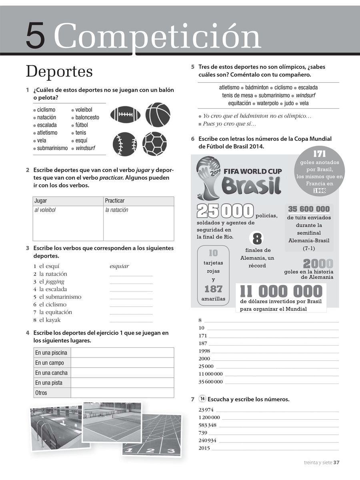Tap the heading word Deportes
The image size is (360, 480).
pos(59,72)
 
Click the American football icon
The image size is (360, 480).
pos(125,115)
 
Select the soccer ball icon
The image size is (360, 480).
pos(154,143)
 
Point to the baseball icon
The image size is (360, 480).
pos(125,143)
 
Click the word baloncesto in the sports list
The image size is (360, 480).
pos(87,117)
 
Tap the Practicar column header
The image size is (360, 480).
pos(115,200)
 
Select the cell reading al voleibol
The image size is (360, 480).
pos(45,210)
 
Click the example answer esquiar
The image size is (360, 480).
pos(119,266)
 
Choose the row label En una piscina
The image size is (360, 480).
pos(51,353)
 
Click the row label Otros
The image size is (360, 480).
pos(41,393)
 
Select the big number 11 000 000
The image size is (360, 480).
pos(281,291)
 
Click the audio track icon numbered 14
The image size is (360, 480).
pos(202,399)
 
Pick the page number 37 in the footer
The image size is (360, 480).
pos(336,463)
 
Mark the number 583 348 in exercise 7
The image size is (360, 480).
pos(207,425)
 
